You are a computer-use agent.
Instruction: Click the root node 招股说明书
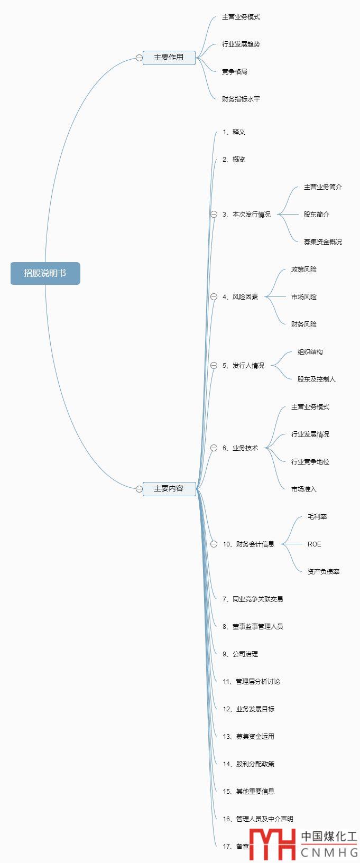click(x=45, y=273)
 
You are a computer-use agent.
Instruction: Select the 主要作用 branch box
click(x=169, y=57)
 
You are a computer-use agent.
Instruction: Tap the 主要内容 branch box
click(x=169, y=488)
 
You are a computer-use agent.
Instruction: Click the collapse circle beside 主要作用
click(x=139, y=58)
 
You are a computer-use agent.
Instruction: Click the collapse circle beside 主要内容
click(x=139, y=489)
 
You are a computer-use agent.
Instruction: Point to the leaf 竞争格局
click(x=235, y=71)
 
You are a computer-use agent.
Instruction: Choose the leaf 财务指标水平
click(x=241, y=99)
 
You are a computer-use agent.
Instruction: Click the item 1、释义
click(x=234, y=132)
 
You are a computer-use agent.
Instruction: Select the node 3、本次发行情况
click(x=246, y=214)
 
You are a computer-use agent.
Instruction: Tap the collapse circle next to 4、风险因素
click(x=214, y=297)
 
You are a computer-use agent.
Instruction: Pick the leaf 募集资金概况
click(x=322, y=242)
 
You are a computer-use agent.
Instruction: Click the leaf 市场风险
click(x=304, y=296)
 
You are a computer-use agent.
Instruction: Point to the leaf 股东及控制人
click(x=316, y=379)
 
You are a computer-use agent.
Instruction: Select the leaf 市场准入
click(x=304, y=489)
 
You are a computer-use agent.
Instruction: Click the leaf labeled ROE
click(x=314, y=544)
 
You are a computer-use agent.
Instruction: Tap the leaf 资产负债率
click(x=324, y=571)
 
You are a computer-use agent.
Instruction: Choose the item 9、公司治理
click(x=240, y=654)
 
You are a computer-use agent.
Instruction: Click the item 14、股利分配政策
click(x=248, y=764)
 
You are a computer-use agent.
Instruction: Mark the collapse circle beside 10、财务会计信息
click(x=214, y=544)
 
